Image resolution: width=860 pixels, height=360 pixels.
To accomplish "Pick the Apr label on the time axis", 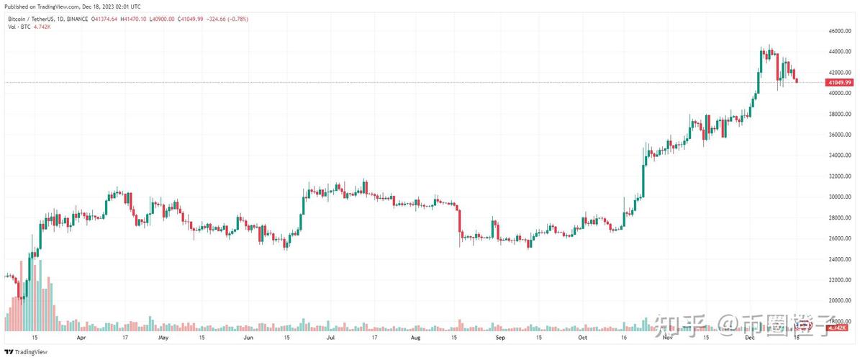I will (81, 337).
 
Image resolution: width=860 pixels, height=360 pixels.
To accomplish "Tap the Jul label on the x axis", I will (332, 337).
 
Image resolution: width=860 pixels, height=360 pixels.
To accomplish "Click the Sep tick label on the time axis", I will (498, 337).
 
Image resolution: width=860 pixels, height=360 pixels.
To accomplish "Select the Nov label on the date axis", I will (668, 337).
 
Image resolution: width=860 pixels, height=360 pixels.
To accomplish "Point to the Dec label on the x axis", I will (748, 337).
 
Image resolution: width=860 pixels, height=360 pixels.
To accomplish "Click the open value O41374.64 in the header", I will (111, 19).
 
